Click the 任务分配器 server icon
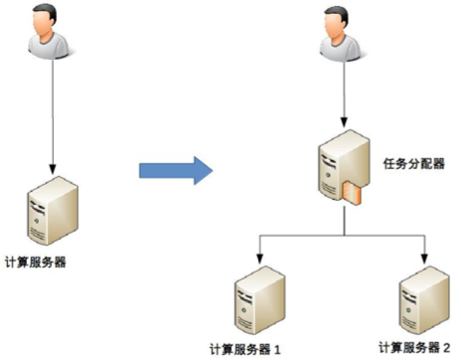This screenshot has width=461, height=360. pos(338,169)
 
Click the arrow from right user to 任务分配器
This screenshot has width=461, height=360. pos(343,94)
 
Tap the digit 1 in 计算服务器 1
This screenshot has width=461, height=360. pos(278,349)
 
